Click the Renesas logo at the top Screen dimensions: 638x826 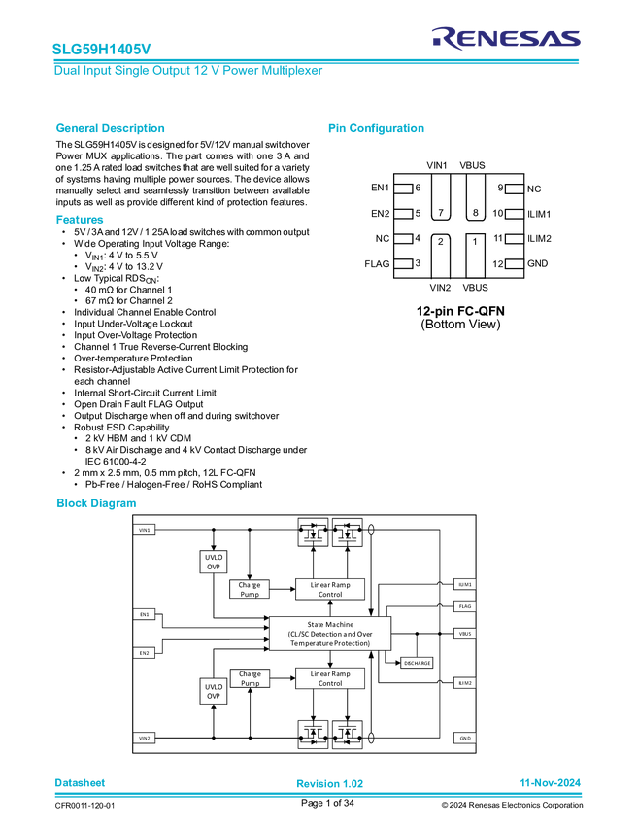pyautogui.click(x=506, y=37)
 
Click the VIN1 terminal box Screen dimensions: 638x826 pyautogui.click(x=144, y=530)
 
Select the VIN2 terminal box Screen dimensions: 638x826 pyautogui.click(x=144, y=738)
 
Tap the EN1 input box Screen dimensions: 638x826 pyautogui.click(x=144, y=614)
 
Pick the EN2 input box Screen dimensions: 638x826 pyautogui.click(x=144, y=653)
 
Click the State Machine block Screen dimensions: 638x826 pyautogui.click(x=330, y=634)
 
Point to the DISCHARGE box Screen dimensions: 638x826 pyautogui.click(x=417, y=663)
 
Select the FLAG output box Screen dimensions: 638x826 pyautogui.click(x=465, y=606)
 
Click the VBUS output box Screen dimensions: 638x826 pyautogui.click(x=465, y=634)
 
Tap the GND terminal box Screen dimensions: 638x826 pyautogui.click(x=465, y=738)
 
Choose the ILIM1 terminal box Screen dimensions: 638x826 pyautogui.click(x=465, y=584)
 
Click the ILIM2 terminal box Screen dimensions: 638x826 pyautogui.click(x=465, y=683)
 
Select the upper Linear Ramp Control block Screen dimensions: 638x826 pyautogui.click(x=330, y=589)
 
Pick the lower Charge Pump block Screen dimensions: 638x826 pyautogui.click(x=250, y=678)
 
